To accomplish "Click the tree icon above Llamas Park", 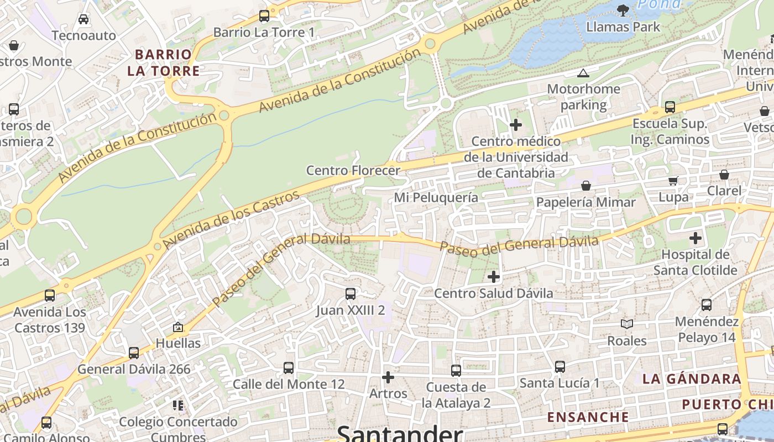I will point(623,9).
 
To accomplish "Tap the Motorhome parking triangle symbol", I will point(583,73).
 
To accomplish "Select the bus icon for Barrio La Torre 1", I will point(264,15).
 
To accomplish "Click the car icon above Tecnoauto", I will point(83,19).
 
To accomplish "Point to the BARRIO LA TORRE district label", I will point(164,62).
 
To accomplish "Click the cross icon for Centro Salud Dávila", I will point(494,276).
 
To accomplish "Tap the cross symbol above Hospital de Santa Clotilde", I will point(695,239).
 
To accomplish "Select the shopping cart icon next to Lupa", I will point(673,181).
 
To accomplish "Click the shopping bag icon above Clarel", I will point(724,175).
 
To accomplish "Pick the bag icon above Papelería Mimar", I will point(586,186).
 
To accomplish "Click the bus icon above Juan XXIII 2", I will point(351,294).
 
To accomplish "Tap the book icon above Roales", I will point(626,324).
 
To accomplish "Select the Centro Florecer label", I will point(353,170).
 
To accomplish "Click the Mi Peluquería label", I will point(436,197).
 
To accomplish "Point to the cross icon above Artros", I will point(388,377).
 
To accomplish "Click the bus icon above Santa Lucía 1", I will point(560,366).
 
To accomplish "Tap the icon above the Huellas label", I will point(177,327).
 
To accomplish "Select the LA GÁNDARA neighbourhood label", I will point(692,379).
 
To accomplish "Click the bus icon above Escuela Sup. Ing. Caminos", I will point(670,107).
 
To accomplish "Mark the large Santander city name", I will point(399,433).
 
